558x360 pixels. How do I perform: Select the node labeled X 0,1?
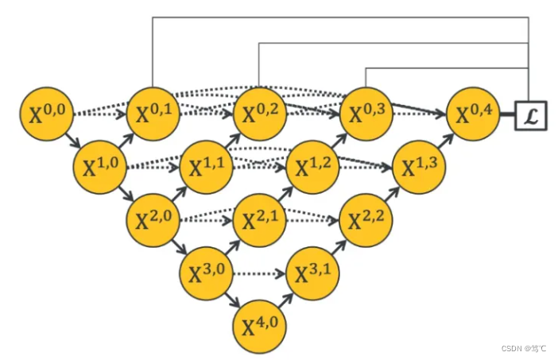tap(152, 115)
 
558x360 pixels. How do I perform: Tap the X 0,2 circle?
tap(258, 115)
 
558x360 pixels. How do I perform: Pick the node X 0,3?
tap(366, 115)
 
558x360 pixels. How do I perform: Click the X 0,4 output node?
tap(473, 115)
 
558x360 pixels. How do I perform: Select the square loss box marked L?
tap(530, 116)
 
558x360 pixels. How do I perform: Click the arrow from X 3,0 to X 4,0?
tap(232, 300)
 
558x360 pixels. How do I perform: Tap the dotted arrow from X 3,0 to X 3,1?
tap(258, 274)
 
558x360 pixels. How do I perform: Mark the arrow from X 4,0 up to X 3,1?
tap(285, 300)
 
